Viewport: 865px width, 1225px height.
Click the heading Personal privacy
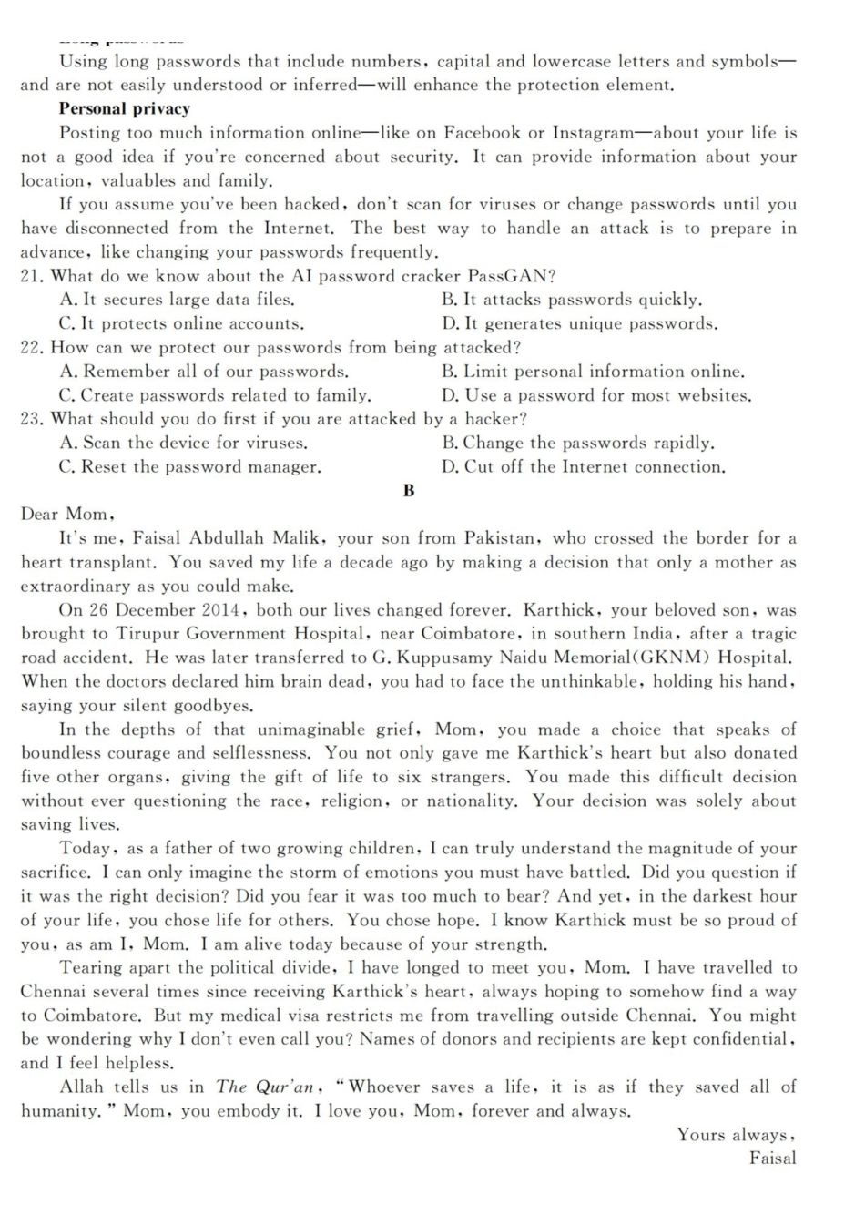pyautogui.click(x=125, y=109)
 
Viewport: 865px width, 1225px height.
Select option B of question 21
pyautogui.click(x=572, y=300)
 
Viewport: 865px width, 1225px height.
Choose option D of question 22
pyautogui.click(x=596, y=395)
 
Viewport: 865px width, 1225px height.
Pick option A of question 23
pyautogui.click(x=183, y=444)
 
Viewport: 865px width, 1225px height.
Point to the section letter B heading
pyautogui.click(x=409, y=491)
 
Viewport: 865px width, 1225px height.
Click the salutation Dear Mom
pyautogui.click(x=66, y=515)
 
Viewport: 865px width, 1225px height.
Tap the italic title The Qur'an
pyautogui.click(x=266, y=1087)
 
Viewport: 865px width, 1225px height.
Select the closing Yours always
pyautogui.click(x=736, y=1135)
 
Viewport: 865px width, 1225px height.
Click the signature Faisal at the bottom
pyautogui.click(x=772, y=1159)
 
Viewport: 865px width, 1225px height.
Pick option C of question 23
pyautogui.click(x=189, y=467)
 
